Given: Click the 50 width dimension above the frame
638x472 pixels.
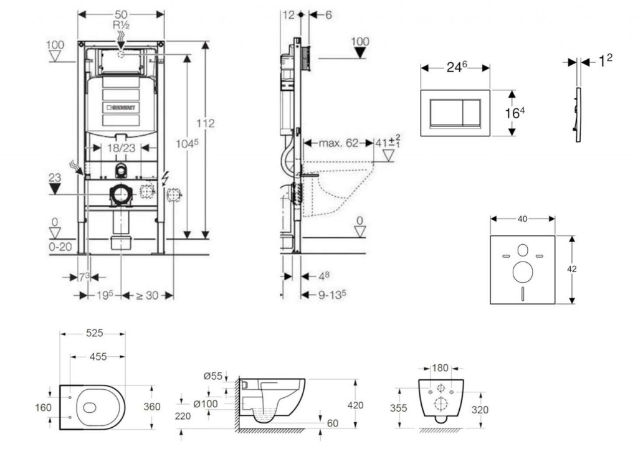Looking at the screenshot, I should click(121, 14).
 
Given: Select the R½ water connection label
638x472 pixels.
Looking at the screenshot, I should click(121, 26).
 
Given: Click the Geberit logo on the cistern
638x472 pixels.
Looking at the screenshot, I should click(120, 106).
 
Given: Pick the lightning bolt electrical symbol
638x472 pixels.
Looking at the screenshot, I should click(164, 178).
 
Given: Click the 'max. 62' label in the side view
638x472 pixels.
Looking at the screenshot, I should click(339, 143).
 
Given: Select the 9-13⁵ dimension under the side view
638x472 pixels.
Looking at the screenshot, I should click(331, 295).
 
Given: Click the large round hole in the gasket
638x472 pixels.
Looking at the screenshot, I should click(522, 271).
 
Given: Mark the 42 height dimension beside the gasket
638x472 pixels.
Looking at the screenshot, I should click(572, 269).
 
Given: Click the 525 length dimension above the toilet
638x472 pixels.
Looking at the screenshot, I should click(94, 333).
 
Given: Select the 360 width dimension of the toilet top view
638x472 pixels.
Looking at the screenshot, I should click(152, 407).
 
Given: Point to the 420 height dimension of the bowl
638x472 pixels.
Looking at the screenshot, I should click(355, 405).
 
